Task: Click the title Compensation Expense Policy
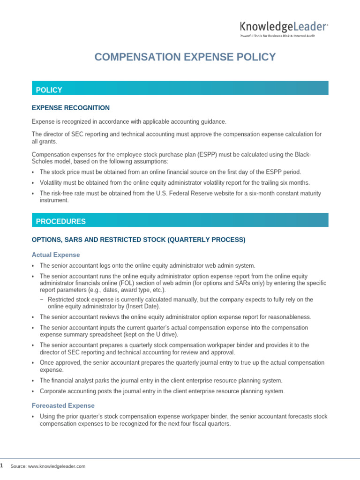[185, 57]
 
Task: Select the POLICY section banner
[180, 90]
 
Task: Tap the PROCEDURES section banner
[180, 221]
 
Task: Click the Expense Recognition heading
[71, 108]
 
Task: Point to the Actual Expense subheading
[56, 255]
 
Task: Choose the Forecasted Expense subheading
[63, 405]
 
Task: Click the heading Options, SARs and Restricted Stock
[138, 240]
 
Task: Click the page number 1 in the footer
[1, 465]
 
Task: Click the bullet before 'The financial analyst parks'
[33, 380]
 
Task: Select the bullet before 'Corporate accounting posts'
[33, 391]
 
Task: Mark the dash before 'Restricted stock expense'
[42, 300]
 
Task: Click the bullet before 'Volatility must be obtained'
[33, 183]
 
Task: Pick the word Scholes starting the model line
[43, 161]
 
